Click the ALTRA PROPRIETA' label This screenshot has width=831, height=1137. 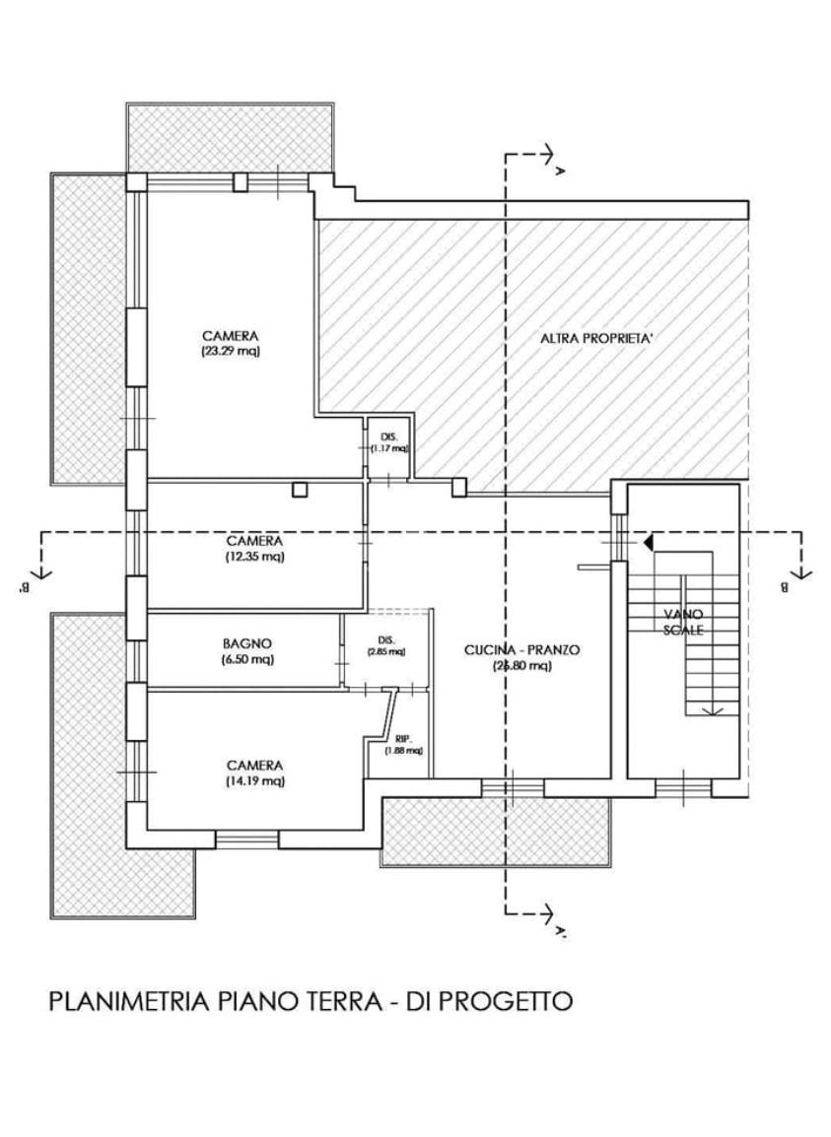tap(597, 338)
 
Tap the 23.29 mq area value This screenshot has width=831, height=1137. tap(230, 350)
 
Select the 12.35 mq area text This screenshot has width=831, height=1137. tap(254, 557)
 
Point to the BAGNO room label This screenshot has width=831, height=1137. tap(246, 643)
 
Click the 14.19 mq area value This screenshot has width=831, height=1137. tap(254, 781)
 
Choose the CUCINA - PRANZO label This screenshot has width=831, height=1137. tap(522, 650)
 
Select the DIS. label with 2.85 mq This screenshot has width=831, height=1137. tap(385, 638)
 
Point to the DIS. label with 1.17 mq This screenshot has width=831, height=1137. tap(388, 435)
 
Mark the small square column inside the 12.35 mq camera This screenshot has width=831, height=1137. tap(301, 489)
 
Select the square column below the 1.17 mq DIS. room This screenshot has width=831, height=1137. tap(458, 486)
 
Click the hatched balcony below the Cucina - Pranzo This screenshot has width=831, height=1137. tap(497, 833)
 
